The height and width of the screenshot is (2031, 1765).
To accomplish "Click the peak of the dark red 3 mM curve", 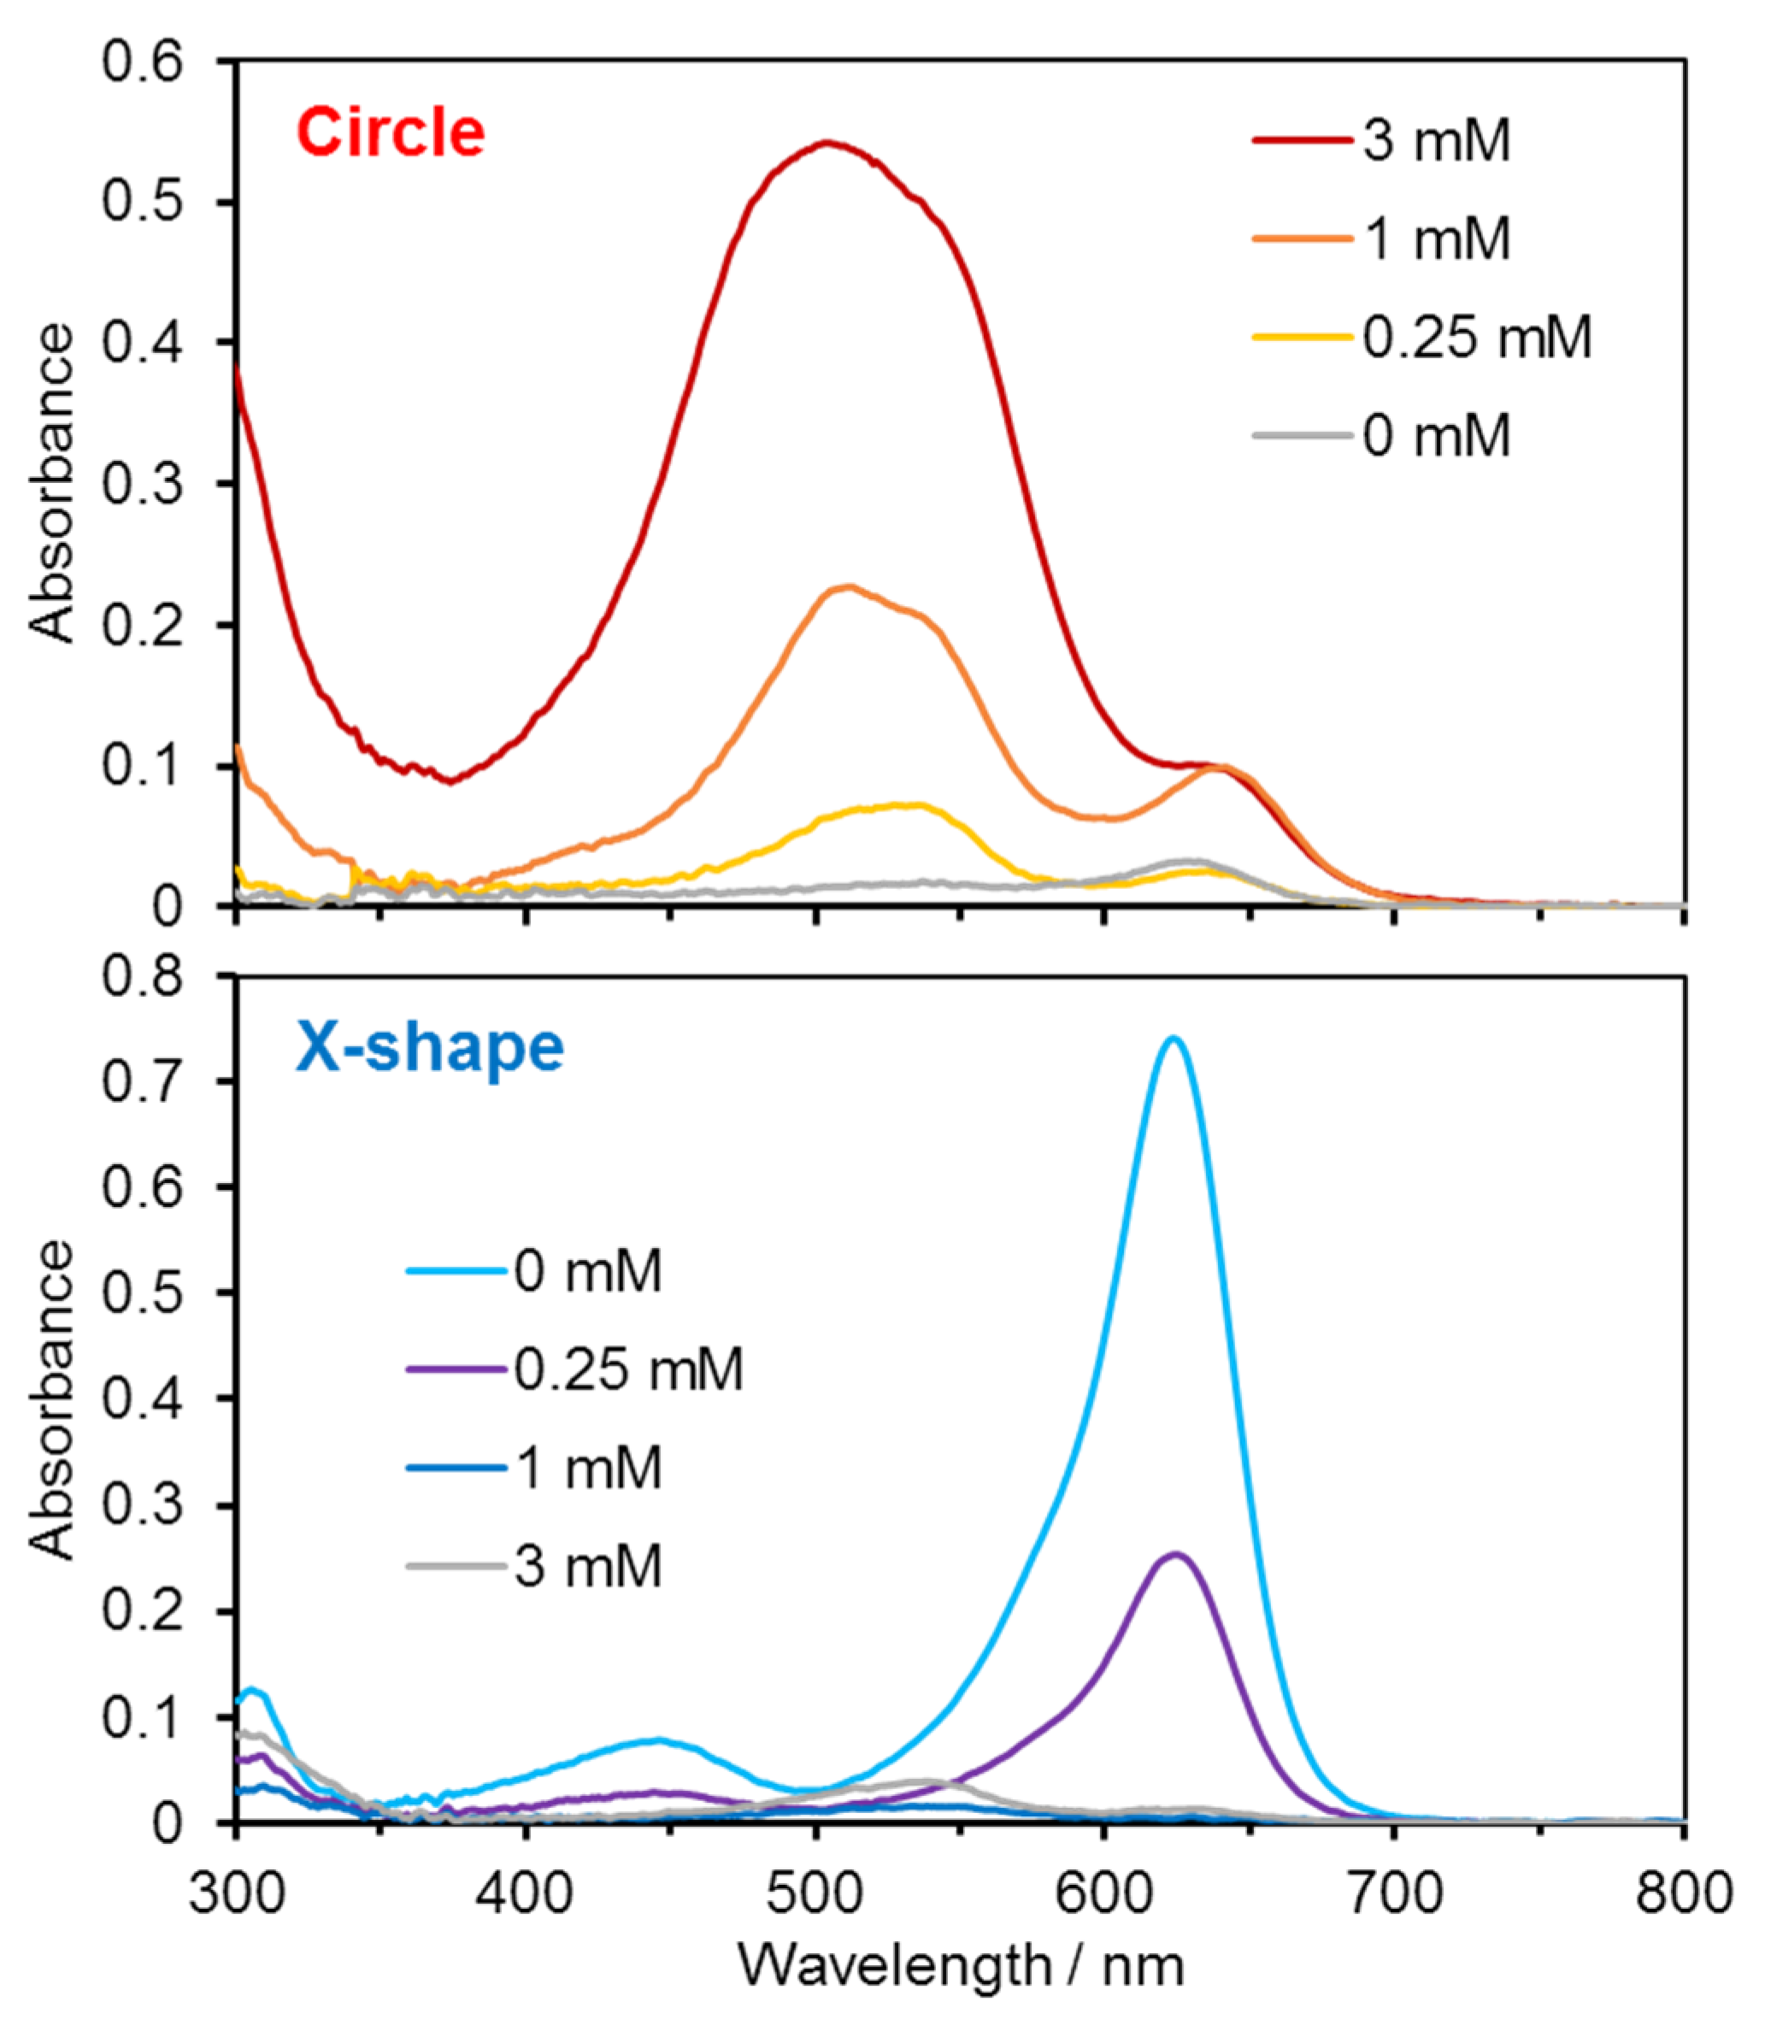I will pos(827,143).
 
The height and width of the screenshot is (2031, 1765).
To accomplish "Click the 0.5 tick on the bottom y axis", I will pos(142,1292).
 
